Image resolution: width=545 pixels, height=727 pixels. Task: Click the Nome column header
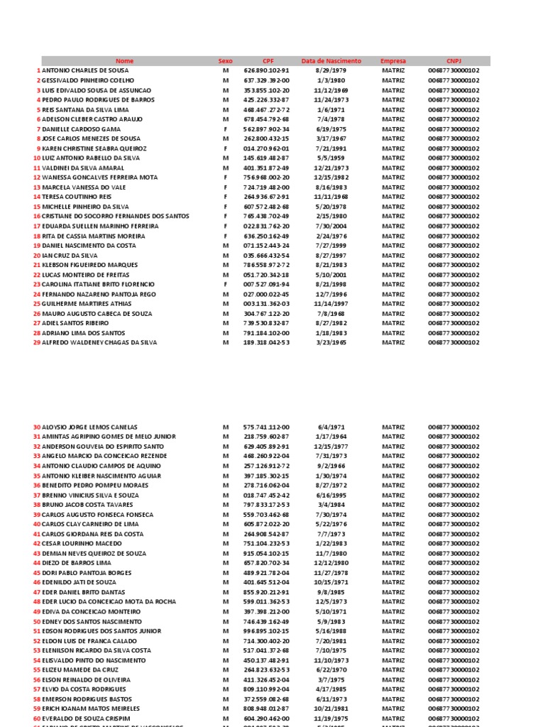tap(124, 61)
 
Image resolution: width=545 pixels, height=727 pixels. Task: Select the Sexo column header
tap(226, 61)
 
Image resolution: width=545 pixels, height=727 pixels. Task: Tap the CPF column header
tap(268, 61)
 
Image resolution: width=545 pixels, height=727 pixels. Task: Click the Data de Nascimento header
tap(331, 61)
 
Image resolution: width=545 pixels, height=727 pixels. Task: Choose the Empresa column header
tap(393, 61)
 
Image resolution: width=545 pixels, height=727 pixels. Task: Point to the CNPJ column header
tap(453, 61)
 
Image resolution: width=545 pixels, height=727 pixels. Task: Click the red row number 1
tap(38, 71)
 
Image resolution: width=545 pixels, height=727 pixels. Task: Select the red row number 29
tap(37, 342)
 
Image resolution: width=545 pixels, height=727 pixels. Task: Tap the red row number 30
tap(37, 427)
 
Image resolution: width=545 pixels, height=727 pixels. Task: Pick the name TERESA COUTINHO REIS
tap(77, 197)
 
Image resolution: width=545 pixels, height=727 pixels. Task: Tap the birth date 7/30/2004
tap(331, 226)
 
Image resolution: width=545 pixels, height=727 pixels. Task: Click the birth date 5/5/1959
tap(331, 158)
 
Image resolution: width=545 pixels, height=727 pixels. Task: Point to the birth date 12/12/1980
tap(331, 562)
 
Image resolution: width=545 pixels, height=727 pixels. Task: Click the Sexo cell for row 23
tap(226, 284)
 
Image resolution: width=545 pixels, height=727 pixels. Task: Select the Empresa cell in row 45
tap(393, 572)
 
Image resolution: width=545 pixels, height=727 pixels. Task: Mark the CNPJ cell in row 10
tap(453, 158)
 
